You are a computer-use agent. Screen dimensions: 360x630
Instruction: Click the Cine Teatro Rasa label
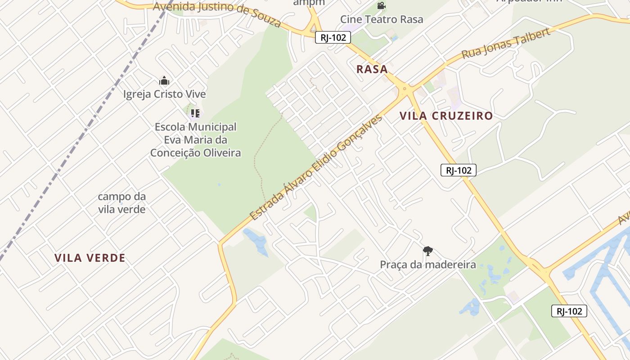pos(382,19)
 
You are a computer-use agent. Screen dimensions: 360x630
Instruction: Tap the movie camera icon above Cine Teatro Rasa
pos(382,6)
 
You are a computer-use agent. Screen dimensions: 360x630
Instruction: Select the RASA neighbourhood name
pos(372,69)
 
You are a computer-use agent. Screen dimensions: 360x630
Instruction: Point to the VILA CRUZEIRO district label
pos(446,116)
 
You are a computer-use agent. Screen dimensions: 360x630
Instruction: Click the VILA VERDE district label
pos(90,258)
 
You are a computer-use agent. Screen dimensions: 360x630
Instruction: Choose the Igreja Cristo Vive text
pos(164,94)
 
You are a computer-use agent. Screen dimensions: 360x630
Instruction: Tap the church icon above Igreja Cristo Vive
pos(164,81)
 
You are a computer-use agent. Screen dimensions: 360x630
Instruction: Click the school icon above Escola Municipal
pos(195,113)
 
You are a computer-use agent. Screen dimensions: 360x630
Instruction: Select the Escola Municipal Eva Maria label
pos(195,140)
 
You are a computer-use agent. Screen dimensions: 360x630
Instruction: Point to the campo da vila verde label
pos(122,203)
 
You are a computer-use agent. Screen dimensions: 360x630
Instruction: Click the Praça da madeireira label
pos(428,265)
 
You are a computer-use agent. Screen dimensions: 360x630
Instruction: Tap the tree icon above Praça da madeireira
pos(428,251)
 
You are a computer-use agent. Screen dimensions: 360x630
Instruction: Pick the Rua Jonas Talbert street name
pos(506,44)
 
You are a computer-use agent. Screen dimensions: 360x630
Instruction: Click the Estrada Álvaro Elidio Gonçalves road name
pos(316,167)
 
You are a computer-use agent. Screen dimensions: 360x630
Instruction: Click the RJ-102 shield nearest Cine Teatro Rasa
pos(333,37)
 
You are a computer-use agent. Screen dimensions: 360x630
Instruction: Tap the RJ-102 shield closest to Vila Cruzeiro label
pos(459,170)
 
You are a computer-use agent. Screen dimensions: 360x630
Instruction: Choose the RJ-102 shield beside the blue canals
pos(569,311)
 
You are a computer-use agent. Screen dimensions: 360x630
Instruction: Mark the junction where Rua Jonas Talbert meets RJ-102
pos(405,89)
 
